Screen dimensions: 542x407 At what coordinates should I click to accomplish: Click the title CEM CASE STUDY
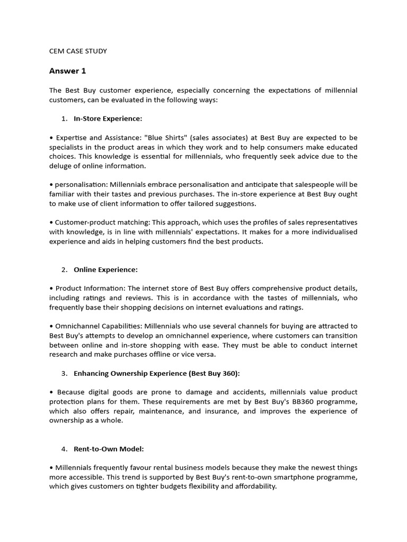coord(78,51)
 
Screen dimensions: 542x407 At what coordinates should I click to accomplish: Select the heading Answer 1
coord(67,71)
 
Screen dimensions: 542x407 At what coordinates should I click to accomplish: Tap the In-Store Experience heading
coord(108,119)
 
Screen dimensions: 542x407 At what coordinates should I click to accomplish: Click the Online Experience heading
coord(105,269)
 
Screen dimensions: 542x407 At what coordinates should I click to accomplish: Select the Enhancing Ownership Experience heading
coord(157,373)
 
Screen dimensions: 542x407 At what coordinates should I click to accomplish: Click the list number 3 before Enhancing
coord(64,373)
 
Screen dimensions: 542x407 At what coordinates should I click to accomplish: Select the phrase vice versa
coord(200,355)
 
